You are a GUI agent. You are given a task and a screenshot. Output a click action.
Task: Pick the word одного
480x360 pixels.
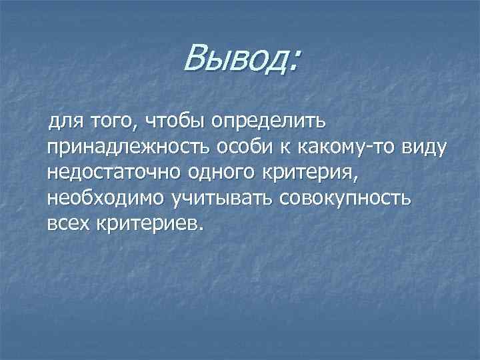[211, 173]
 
